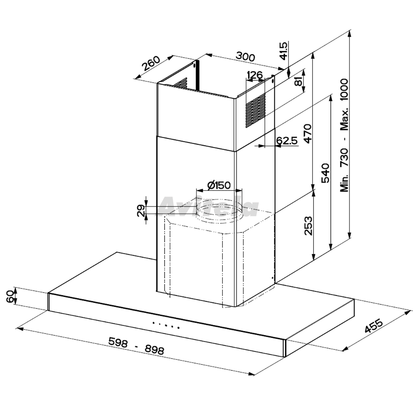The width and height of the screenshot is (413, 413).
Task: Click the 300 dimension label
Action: coord(245,57)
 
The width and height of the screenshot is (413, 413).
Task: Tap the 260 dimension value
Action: coord(151,64)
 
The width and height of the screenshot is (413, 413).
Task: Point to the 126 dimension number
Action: coord(254,75)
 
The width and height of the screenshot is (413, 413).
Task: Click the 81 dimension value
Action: coord(298,83)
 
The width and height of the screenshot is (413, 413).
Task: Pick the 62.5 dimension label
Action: coord(287,141)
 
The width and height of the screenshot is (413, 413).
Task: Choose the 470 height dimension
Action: coord(307,133)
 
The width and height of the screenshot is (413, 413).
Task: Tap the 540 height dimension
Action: coord(325,173)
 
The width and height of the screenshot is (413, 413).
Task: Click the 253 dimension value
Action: coord(308,226)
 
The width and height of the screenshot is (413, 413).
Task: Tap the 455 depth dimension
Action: coord(374,326)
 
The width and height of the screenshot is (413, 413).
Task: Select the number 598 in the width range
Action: coord(118,342)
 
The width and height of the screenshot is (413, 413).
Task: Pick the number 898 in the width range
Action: coord(154,350)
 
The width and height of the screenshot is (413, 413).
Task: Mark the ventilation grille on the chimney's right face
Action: coord(255,111)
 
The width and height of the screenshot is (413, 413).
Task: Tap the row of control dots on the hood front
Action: coord(166,325)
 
